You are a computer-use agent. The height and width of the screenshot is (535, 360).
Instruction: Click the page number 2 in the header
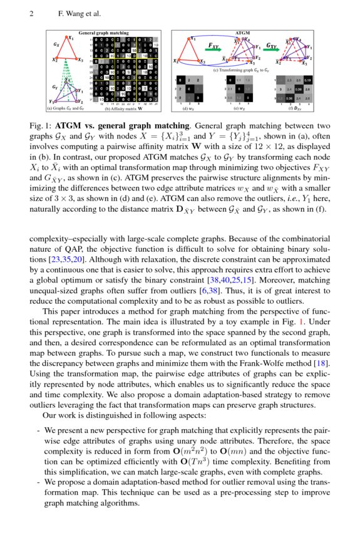(31, 13)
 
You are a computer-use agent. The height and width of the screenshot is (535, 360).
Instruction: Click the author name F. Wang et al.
(79, 13)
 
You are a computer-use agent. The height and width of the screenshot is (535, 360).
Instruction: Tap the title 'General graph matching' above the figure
(103, 32)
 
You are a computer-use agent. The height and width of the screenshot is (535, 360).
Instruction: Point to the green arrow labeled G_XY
(272, 49)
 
